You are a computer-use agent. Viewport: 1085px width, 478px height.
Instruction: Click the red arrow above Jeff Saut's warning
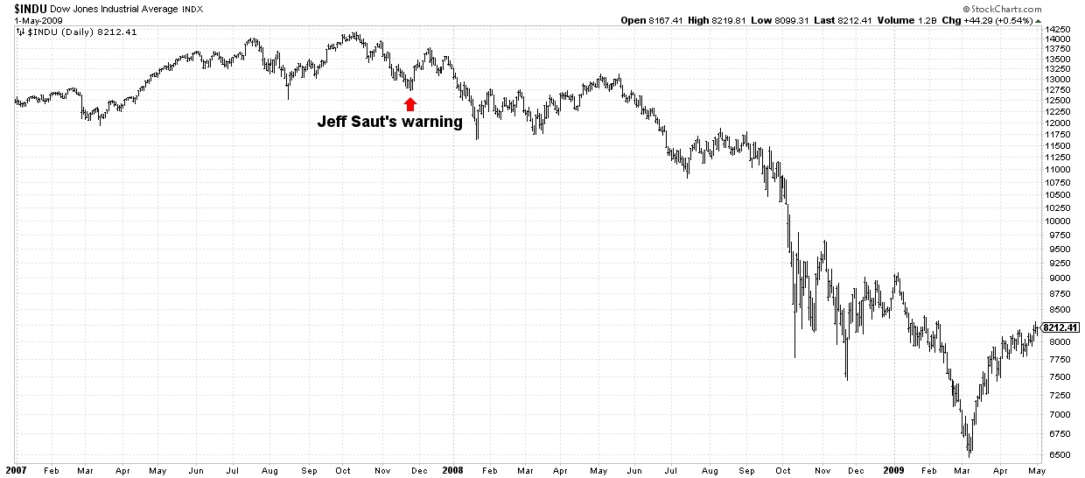[x=410, y=103]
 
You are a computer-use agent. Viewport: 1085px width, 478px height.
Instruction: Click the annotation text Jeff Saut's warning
[x=389, y=123]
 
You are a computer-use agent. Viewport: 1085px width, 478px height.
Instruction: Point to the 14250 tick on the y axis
[x=1060, y=29]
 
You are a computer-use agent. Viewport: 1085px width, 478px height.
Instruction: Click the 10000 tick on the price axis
[x=1060, y=221]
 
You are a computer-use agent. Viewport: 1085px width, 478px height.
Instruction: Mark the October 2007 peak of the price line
[x=353, y=33]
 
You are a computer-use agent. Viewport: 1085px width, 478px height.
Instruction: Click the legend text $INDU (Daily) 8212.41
[x=69, y=32]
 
